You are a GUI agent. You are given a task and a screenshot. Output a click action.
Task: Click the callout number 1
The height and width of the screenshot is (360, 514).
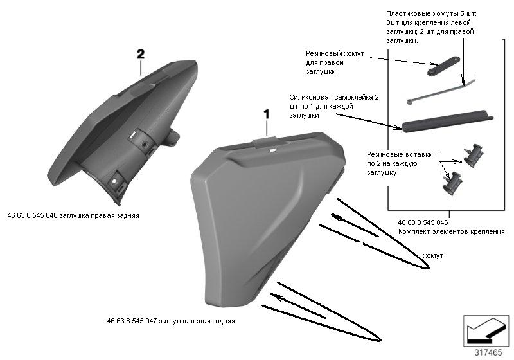[267, 114]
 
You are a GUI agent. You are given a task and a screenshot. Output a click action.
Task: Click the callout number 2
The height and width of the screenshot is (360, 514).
[141, 55]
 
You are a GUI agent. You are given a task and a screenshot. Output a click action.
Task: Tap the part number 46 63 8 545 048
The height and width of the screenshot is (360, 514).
[32, 216]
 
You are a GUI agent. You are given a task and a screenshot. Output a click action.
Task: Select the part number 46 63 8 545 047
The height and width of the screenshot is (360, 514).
[132, 321]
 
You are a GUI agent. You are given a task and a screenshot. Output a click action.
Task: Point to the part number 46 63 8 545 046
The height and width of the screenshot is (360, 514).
[423, 222]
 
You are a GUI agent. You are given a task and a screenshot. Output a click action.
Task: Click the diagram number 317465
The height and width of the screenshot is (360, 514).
[488, 352]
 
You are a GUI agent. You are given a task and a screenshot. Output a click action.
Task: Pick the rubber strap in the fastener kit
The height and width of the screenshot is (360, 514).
[443, 66]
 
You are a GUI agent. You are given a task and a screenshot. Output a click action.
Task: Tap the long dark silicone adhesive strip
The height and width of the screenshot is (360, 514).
[447, 121]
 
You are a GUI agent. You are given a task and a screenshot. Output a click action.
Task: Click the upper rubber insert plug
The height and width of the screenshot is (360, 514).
[474, 155]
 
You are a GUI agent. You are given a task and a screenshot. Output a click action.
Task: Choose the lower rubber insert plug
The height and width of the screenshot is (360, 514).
[452, 183]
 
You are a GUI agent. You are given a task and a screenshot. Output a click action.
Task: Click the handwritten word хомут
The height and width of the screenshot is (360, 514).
[433, 255]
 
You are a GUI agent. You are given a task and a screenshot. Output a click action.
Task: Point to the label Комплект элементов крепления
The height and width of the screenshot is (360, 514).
[452, 232]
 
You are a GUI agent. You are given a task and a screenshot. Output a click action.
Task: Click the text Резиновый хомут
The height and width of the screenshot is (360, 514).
[335, 53]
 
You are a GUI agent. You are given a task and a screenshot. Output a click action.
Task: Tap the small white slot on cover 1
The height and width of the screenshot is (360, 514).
[272, 151]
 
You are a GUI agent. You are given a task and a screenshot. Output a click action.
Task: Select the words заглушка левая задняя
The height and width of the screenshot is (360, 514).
[197, 321]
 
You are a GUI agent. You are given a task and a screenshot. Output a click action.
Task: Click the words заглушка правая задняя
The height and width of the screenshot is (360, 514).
[99, 216]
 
